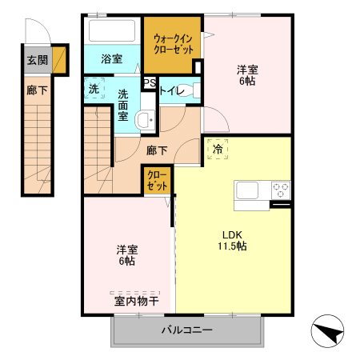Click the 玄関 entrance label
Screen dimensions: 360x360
click(37, 60)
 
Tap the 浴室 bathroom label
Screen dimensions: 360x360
click(111, 59)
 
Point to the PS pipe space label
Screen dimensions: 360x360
click(149, 82)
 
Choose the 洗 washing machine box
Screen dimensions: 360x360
click(94, 89)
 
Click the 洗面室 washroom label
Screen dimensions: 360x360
click(124, 104)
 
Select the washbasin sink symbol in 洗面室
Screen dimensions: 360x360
click(145, 121)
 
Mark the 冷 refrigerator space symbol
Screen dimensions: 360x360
click(218, 148)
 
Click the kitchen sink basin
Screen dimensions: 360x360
click(247, 190)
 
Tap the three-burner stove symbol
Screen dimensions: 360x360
click(281, 190)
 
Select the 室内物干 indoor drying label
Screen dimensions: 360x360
click(136, 301)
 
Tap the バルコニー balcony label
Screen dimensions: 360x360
click(186, 329)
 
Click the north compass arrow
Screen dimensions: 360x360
click(328, 332)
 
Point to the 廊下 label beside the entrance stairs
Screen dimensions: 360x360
click(37, 90)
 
